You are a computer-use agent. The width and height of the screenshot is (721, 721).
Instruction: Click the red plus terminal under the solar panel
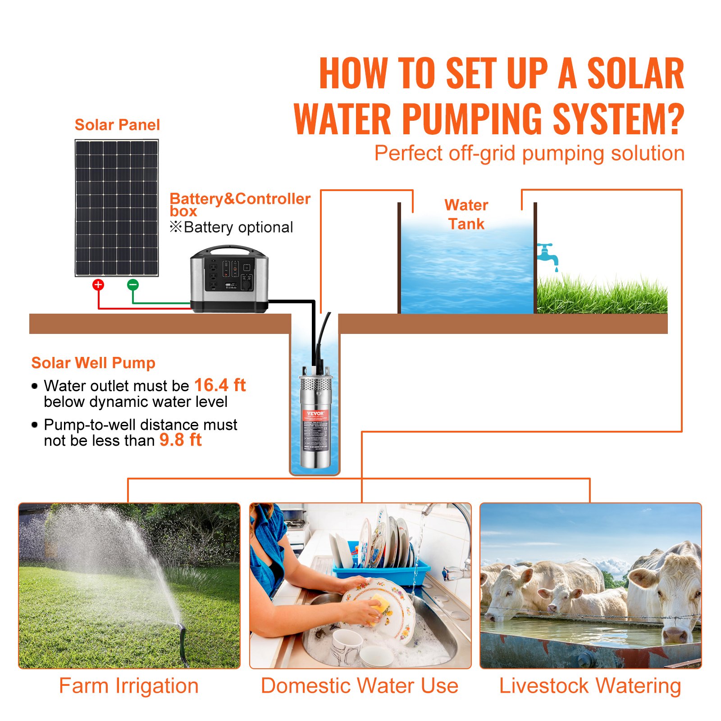click(98, 284)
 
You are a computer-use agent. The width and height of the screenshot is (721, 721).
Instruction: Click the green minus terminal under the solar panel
click(132, 284)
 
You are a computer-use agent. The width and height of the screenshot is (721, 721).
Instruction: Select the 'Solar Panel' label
click(117, 125)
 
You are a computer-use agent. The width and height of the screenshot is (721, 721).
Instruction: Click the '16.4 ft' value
click(220, 385)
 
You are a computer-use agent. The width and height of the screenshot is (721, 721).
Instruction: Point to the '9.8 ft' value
click(180, 440)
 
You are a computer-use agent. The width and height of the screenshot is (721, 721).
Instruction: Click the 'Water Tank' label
click(466, 214)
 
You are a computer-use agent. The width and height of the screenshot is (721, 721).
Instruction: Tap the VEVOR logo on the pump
click(315, 413)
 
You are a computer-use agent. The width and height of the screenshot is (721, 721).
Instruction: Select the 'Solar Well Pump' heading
click(93, 363)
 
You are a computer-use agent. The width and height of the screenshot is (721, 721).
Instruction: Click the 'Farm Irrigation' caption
click(129, 686)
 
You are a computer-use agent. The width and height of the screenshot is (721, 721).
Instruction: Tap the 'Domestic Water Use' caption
click(360, 686)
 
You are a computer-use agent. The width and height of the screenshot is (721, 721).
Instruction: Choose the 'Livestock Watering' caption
click(590, 686)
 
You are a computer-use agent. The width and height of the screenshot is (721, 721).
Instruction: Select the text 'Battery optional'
click(238, 227)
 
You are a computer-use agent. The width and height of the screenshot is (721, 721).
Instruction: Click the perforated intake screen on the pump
click(315, 384)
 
